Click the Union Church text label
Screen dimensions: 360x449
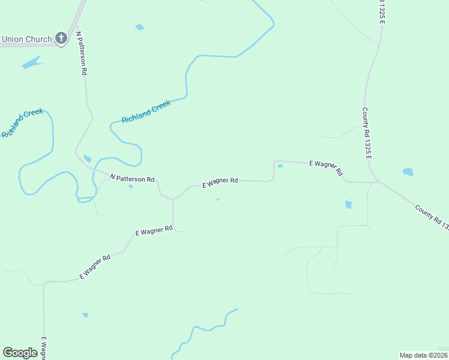(x=26, y=40)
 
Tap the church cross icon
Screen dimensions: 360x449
(x=61, y=39)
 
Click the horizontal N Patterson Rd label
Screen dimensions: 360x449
(x=133, y=178)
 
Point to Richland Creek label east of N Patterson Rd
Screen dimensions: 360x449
(x=146, y=112)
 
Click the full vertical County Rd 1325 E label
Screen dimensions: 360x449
(x=367, y=134)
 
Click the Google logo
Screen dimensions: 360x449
(x=20, y=353)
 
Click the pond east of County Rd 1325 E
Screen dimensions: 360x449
(x=408, y=172)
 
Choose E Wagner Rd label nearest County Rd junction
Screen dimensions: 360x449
(x=325, y=167)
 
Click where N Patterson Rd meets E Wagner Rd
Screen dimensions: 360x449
(x=173, y=199)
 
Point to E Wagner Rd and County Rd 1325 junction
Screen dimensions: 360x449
(x=377, y=181)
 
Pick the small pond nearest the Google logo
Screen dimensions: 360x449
(x=85, y=315)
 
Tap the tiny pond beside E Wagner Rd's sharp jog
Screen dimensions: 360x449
(x=280, y=166)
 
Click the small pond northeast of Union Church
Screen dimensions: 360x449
(x=140, y=27)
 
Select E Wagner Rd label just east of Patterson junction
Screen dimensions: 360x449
(x=220, y=182)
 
